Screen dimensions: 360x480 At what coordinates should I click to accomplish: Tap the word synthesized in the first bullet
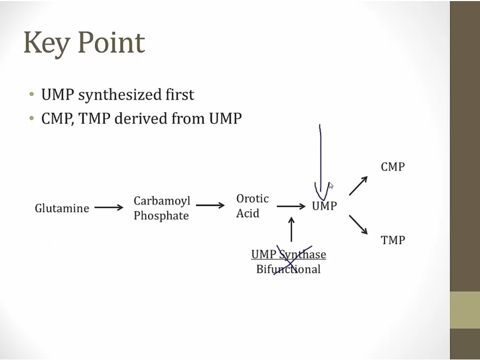click(115, 95)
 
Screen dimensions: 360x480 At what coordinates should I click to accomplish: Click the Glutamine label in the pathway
click(62, 208)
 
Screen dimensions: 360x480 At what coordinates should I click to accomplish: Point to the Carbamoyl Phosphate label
click(162, 208)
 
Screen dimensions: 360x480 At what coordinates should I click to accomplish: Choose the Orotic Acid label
click(252, 206)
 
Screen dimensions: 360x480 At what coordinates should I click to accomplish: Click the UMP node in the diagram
click(324, 205)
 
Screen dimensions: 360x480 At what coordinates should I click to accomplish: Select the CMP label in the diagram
click(393, 167)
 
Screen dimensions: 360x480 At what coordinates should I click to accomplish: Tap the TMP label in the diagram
click(393, 240)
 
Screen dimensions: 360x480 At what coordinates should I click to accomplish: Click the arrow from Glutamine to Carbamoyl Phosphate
click(109, 207)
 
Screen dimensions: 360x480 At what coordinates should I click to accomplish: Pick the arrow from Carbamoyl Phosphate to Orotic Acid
click(210, 205)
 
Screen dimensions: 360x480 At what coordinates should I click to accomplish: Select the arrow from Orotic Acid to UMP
click(291, 206)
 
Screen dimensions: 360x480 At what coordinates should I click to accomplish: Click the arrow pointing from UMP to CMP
click(358, 186)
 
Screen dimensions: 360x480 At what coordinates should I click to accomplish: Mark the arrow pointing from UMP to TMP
click(358, 225)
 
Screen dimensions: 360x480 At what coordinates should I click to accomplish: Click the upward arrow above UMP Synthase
click(291, 229)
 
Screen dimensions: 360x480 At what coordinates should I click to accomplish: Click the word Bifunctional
click(289, 269)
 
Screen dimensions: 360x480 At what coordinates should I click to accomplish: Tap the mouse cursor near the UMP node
click(331, 186)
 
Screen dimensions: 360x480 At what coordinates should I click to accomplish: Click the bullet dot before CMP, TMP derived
click(32, 118)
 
